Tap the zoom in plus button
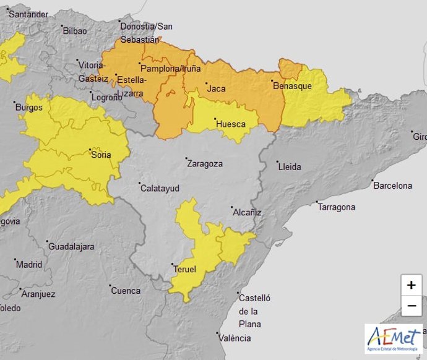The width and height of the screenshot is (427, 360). [411, 285]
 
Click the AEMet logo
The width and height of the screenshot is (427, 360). [394, 338]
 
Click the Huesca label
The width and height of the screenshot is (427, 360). [230, 124]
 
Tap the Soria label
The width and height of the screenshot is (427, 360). [101, 155]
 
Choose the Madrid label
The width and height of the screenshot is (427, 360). [29, 264]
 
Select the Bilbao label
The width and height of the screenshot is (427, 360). [74, 30]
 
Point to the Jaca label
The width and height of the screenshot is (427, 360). [216, 88]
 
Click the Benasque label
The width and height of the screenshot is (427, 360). [292, 86]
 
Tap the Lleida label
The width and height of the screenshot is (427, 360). [289, 166]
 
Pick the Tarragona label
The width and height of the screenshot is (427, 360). [337, 207]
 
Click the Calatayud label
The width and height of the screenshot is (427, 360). [160, 187]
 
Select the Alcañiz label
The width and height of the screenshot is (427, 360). [247, 212]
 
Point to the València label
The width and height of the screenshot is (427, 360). [236, 338]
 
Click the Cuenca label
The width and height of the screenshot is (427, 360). [126, 290]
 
